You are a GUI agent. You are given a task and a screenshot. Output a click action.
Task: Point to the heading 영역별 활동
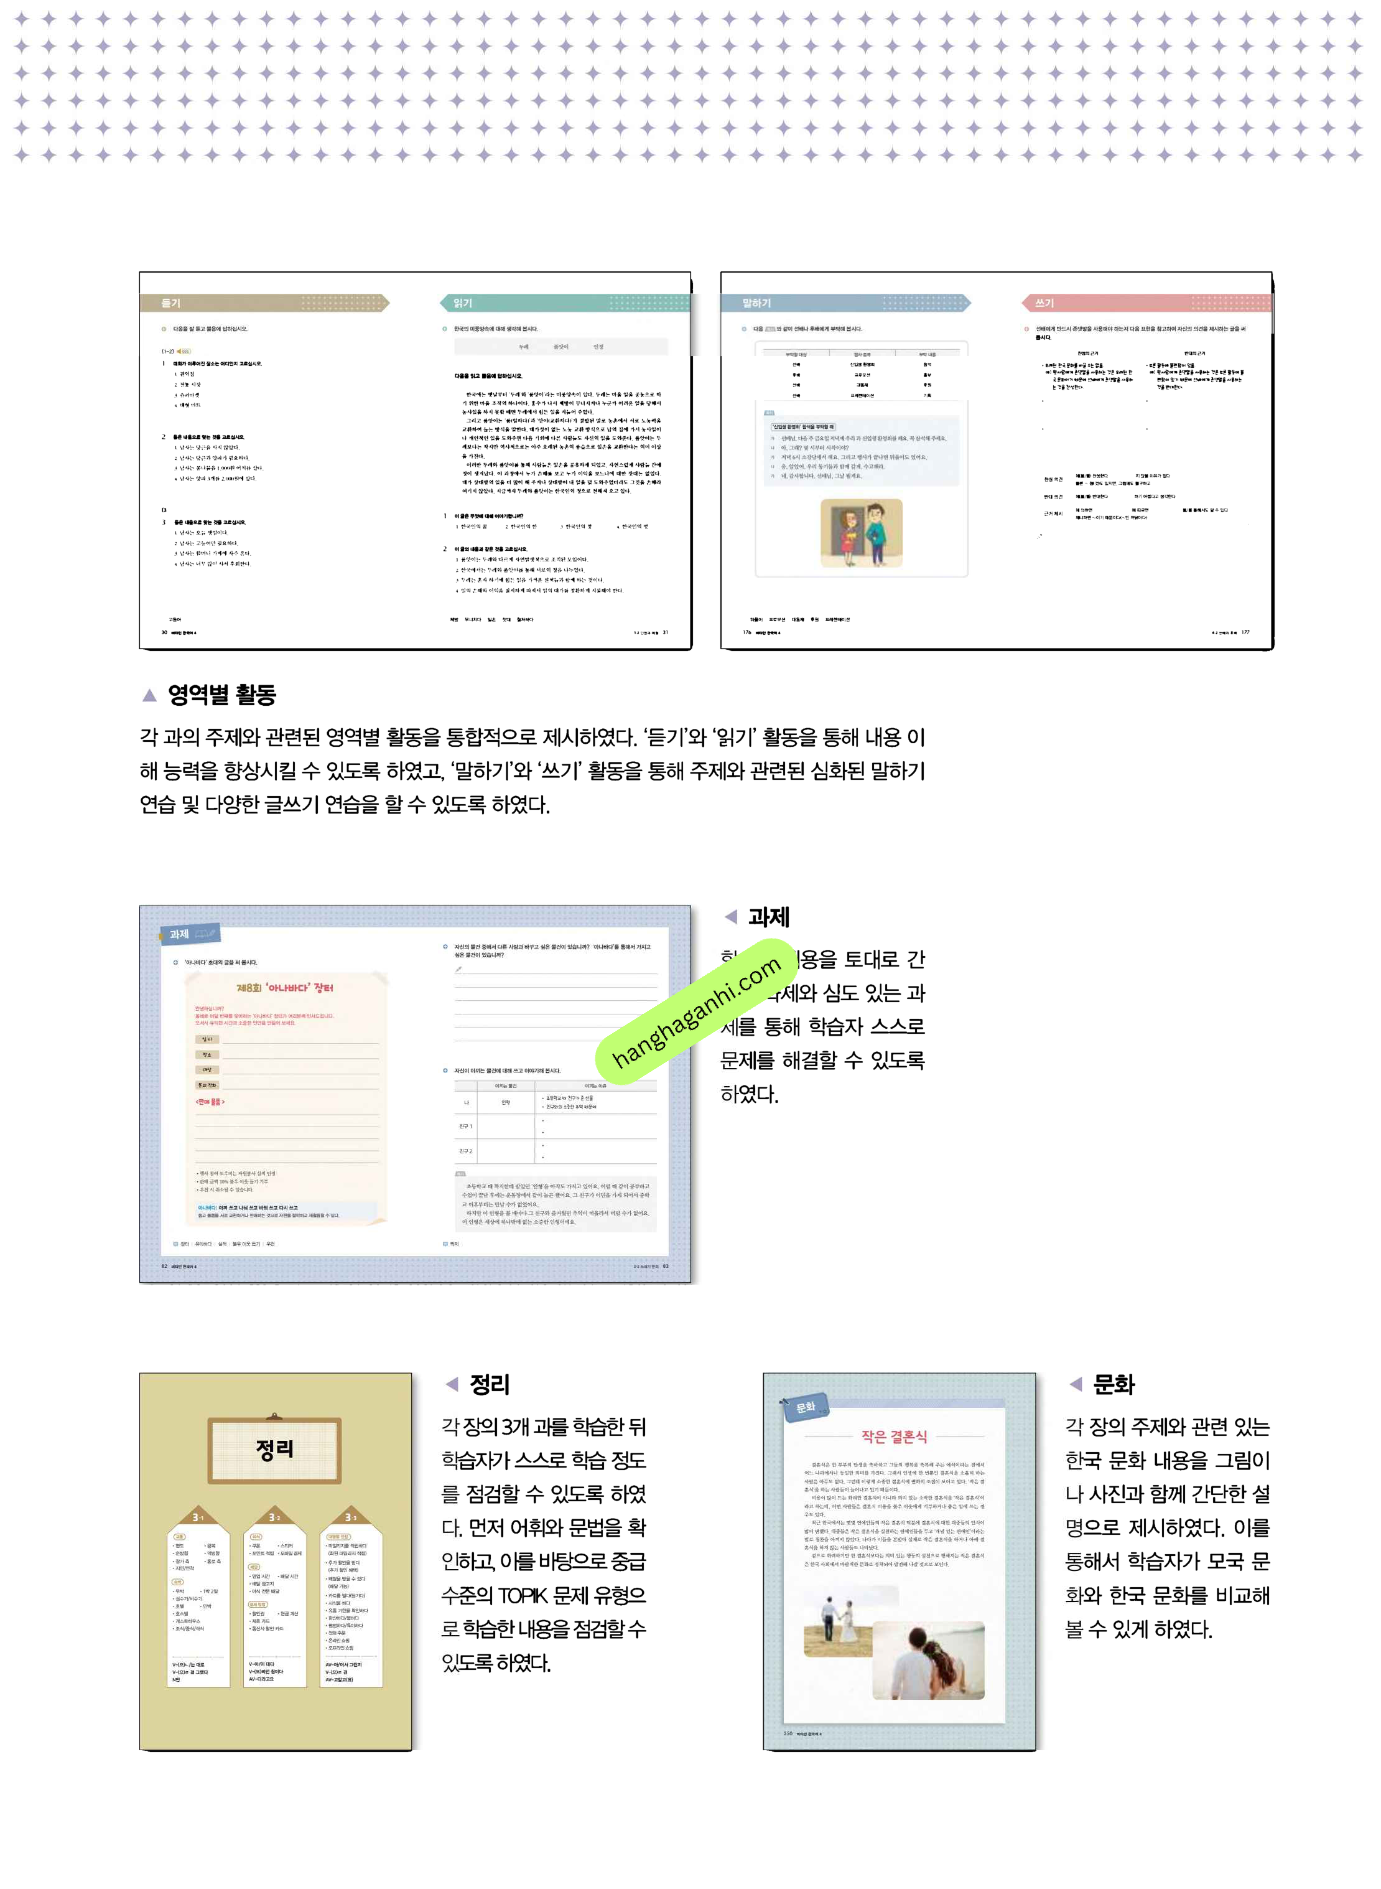click(x=221, y=694)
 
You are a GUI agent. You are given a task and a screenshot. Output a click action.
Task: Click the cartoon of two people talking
click(x=861, y=533)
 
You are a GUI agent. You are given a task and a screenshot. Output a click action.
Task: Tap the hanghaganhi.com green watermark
click(x=696, y=1012)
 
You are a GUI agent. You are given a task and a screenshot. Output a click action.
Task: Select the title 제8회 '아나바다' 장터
click(x=285, y=988)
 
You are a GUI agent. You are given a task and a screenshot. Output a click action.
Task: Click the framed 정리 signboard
click(x=274, y=1449)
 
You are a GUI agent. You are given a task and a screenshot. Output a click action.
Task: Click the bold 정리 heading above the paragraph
click(x=489, y=1385)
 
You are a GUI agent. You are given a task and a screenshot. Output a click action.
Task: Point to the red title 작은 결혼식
click(x=895, y=1437)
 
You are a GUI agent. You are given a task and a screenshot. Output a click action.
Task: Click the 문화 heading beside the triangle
click(x=1114, y=1385)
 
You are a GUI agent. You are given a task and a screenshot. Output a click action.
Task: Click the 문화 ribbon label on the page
click(x=804, y=1408)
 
